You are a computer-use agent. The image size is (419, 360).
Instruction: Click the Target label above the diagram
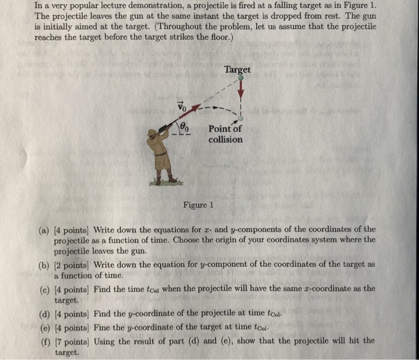pos(237,70)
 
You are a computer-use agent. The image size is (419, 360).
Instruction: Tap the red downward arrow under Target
pos(242,90)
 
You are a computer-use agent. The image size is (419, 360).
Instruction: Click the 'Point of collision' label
pos(226,135)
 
